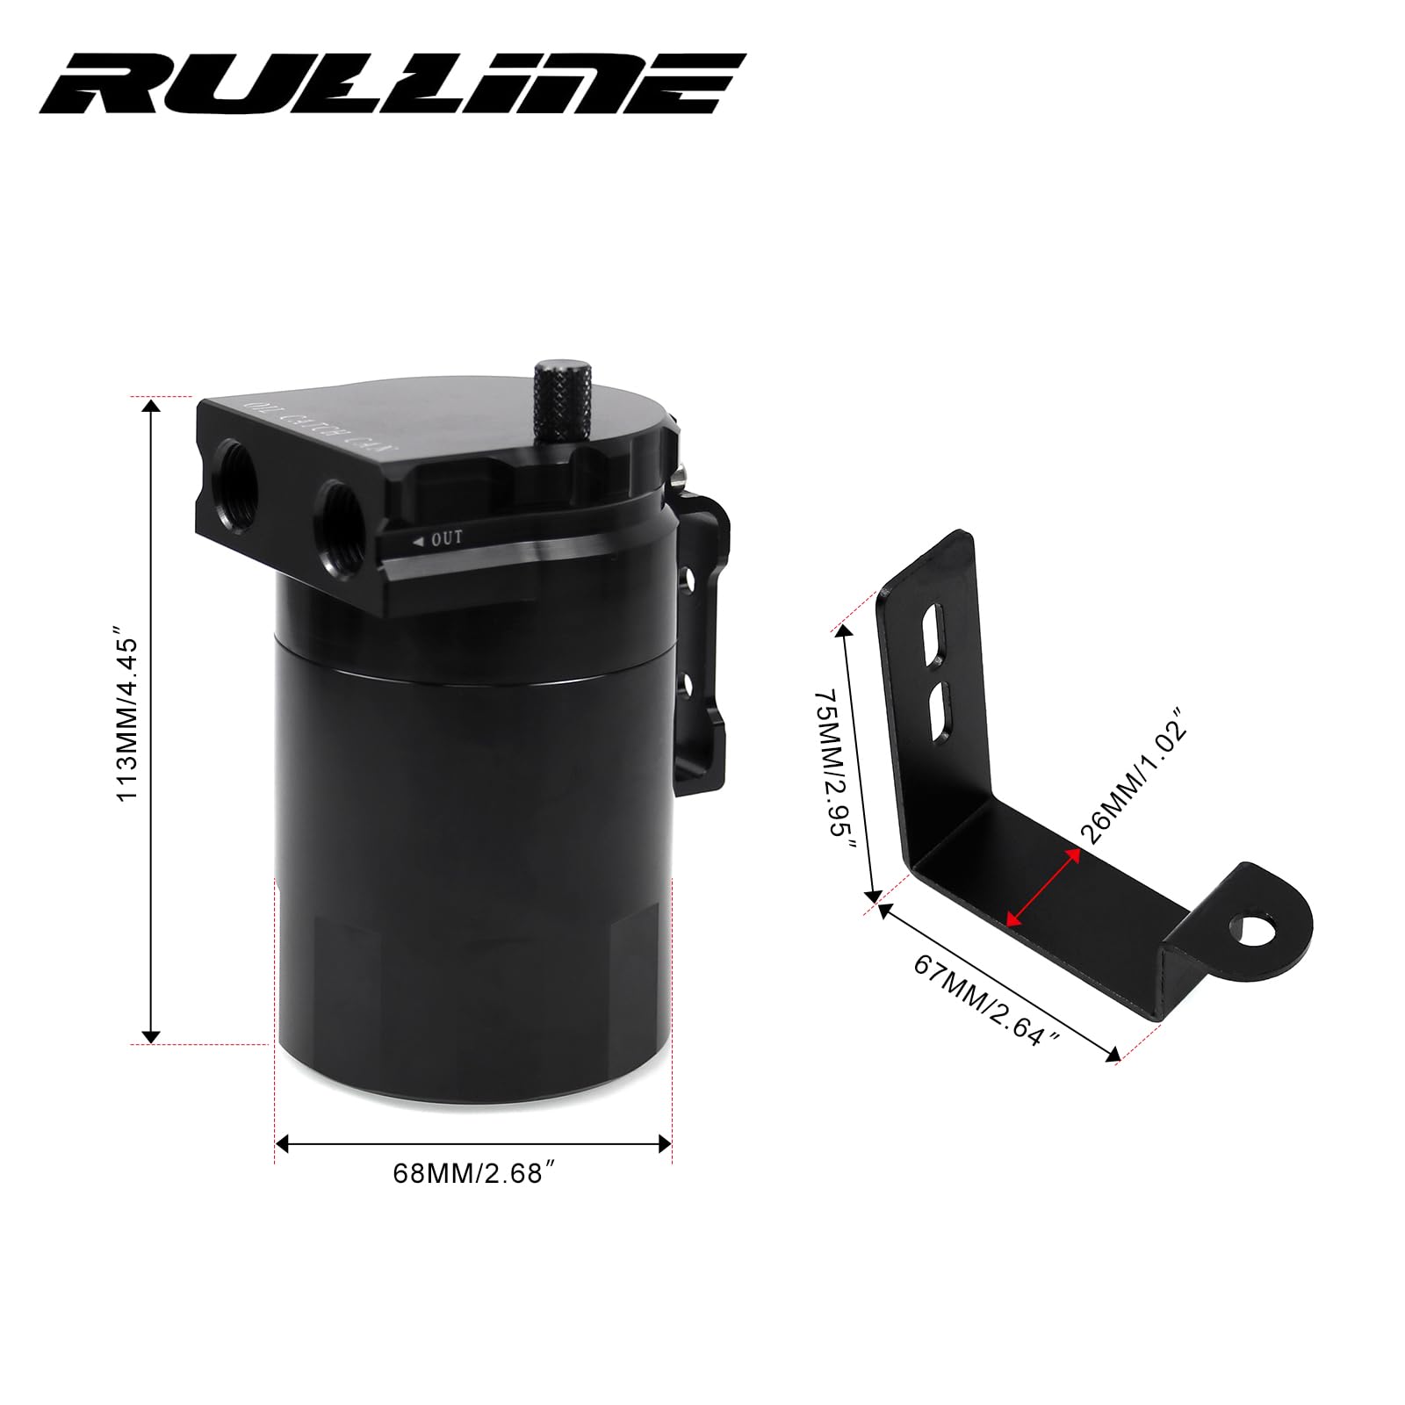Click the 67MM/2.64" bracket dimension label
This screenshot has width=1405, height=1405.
(987, 999)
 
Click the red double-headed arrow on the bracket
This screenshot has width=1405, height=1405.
(1043, 886)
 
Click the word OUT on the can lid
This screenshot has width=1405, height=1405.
(445, 538)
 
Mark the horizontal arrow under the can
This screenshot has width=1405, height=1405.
(473, 1143)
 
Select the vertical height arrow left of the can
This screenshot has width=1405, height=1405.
(152, 720)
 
